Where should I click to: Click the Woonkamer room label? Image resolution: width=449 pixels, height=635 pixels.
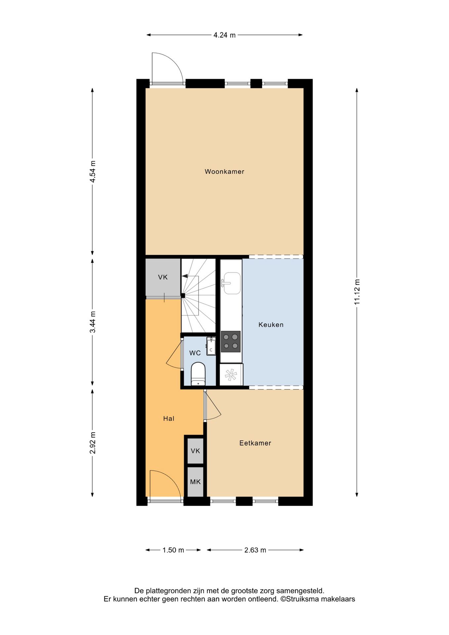point(224,171)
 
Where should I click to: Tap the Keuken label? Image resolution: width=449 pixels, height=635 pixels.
point(271,324)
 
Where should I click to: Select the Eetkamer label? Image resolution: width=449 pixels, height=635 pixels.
point(255,443)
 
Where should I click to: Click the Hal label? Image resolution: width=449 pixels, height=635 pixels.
point(169,418)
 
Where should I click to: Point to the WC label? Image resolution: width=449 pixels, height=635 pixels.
point(195,353)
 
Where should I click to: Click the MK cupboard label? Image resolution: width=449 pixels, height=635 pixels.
point(195,482)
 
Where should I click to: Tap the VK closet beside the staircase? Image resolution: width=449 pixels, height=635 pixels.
point(163,277)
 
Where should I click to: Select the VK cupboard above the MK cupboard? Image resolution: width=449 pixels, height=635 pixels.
point(195,450)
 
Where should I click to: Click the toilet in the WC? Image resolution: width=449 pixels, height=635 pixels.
point(198,374)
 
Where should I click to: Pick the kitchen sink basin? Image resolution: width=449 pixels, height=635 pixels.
point(232,283)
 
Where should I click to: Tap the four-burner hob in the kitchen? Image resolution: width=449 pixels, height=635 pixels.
point(231,342)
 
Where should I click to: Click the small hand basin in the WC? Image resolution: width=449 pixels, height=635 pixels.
point(211,346)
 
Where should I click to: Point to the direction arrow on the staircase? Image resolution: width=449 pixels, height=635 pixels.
point(185,276)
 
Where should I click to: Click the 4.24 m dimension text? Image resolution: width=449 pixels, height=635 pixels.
point(224,35)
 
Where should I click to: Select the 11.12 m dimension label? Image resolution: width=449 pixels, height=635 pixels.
point(357,292)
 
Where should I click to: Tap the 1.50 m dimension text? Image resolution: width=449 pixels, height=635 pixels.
point(173,550)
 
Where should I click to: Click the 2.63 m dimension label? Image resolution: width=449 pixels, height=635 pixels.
point(255,550)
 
